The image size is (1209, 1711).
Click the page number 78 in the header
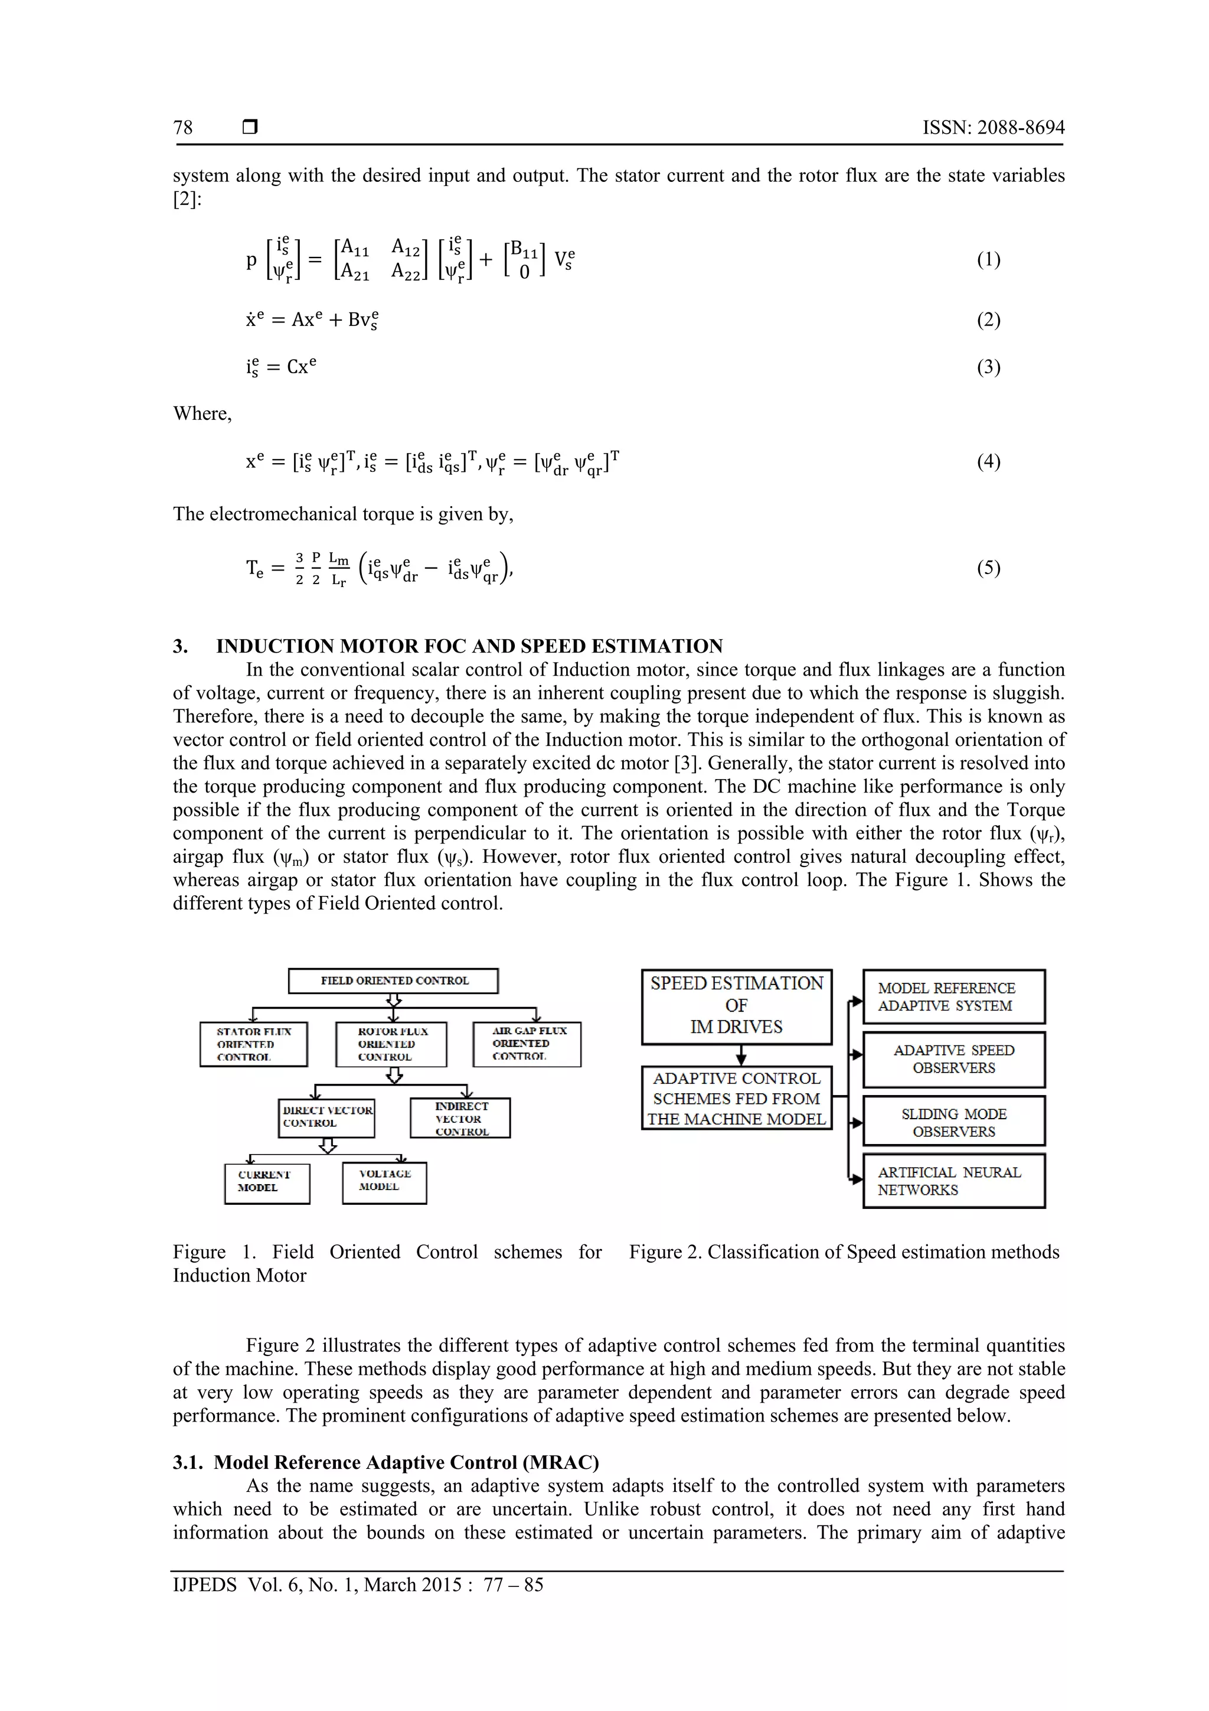(183, 128)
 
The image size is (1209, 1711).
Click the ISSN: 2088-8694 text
(993, 128)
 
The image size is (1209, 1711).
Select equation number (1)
(988, 259)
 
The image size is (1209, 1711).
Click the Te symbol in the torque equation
(255, 569)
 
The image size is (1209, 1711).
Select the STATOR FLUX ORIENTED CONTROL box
(253, 1044)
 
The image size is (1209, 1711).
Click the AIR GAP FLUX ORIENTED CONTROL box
(527, 1044)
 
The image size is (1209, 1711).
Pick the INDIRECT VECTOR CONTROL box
(460, 1118)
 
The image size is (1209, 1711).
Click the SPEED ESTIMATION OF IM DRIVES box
(736, 1005)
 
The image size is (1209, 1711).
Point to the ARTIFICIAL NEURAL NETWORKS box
(953, 1181)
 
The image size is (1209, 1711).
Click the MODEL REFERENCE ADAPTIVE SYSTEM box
(953, 996)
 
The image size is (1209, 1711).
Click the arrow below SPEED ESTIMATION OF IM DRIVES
(740, 1055)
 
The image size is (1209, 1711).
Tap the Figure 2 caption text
(844, 1252)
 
